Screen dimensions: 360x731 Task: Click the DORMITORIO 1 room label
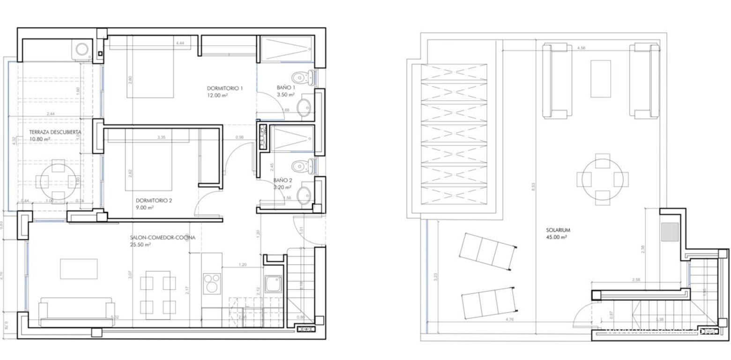click(x=225, y=88)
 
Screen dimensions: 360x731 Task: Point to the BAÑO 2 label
click(x=283, y=180)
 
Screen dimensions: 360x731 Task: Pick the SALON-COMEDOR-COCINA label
click(x=163, y=238)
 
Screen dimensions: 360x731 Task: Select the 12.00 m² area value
click(x=218, y=95)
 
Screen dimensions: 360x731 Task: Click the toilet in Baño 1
click(x=302, y=77)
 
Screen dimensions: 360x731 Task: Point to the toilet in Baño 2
click(x=302, y=166)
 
